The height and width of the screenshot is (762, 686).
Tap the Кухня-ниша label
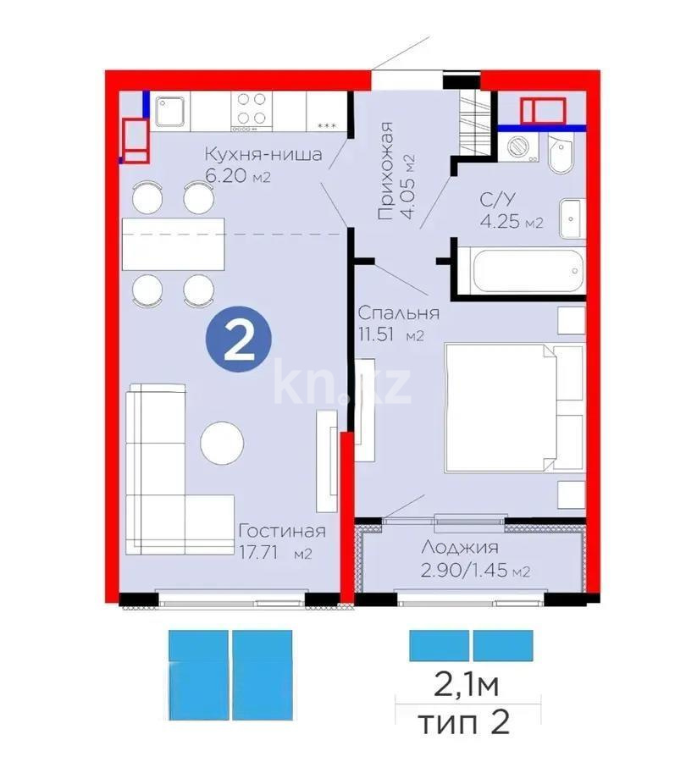click(263, 155)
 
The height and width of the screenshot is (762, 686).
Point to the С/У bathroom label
click(496, 202)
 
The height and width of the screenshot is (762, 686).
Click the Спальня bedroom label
click(398, 312)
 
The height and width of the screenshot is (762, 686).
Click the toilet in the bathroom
click(560, 153)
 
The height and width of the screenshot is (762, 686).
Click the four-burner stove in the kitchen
click(252, 109)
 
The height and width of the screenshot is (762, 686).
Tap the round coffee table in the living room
click(222, 442)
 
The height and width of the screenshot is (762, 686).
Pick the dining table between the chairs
click(174, 244)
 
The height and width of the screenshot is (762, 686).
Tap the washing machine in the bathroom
click(517, 146)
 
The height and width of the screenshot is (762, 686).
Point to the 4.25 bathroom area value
click(505, 224)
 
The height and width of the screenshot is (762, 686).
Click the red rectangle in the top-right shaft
click(544, 111)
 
